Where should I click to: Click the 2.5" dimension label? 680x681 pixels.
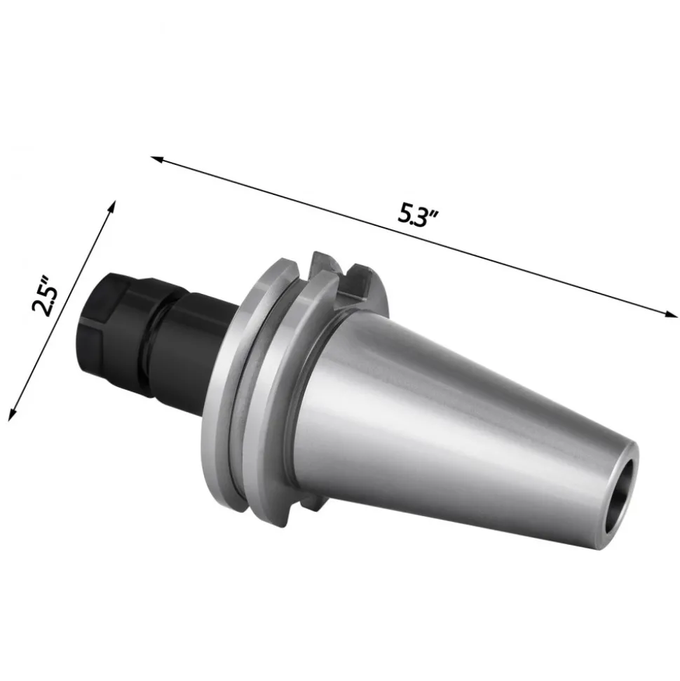click(45, 295)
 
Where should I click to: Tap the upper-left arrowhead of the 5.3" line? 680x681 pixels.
click(157, 159)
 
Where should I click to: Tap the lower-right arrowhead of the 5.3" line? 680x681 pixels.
click(671, 314)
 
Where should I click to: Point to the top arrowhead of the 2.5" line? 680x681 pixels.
click(112, 207)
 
